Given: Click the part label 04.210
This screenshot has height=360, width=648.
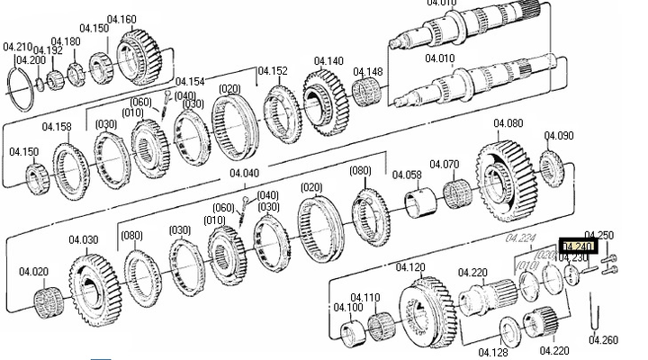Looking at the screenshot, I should (x=18, y=45).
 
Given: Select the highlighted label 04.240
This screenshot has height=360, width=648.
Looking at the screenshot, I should (x=577, y=246).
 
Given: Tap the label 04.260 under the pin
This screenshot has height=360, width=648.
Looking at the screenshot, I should (x=603, y=340).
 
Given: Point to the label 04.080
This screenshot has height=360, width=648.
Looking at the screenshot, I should (x=508, y=123).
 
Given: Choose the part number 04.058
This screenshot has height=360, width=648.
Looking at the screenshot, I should (x=407, y=175).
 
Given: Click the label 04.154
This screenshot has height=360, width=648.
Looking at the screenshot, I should (x=190, y=82).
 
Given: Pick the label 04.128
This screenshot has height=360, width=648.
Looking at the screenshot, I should (x=494, y=352).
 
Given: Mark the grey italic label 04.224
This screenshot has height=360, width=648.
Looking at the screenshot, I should (x=520, y=238).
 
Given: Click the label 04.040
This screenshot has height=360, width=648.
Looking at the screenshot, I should (x=244, y=173).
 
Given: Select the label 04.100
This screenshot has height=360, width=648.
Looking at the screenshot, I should (x=348, y=307).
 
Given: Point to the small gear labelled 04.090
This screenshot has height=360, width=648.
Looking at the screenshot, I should (x=551, y=167).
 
